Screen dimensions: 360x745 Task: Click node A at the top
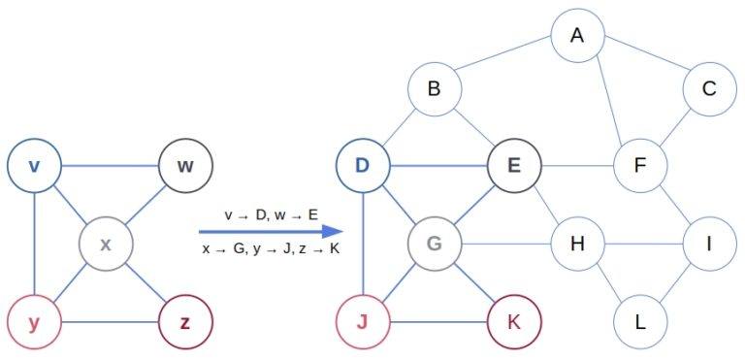point(578,36)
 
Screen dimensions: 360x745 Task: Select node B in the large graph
point(434,90)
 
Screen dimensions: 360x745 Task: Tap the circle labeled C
point(709,90)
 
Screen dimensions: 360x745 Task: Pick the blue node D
point(362,165)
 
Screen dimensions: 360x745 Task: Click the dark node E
point(513,165)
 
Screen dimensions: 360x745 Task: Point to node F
point(639,165)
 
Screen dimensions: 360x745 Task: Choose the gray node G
point(434,243)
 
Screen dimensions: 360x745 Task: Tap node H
point(578,243)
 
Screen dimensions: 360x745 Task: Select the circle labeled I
point(709,243)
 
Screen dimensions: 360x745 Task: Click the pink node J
point(362,319)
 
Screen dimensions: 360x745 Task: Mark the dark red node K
point(513,319)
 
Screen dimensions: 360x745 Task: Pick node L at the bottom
point(639,319)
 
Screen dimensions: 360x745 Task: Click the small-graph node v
point(34,165)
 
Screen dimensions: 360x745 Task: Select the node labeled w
point(185,165)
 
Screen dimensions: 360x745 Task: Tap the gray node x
point(106,243)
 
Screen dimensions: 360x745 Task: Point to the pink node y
point(34,319)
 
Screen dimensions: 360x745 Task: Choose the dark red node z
point(185,319)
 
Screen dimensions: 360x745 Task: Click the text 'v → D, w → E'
point(271,213)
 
